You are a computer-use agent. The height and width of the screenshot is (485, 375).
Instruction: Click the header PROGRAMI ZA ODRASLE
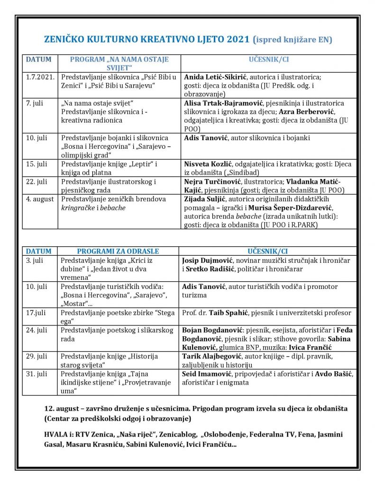pos(118,251)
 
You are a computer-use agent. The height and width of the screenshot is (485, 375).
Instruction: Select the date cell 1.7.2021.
pos(40,77)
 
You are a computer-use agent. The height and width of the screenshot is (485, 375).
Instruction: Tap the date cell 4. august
pos(40,199)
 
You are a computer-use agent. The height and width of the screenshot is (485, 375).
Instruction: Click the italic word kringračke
pos(78,207)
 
